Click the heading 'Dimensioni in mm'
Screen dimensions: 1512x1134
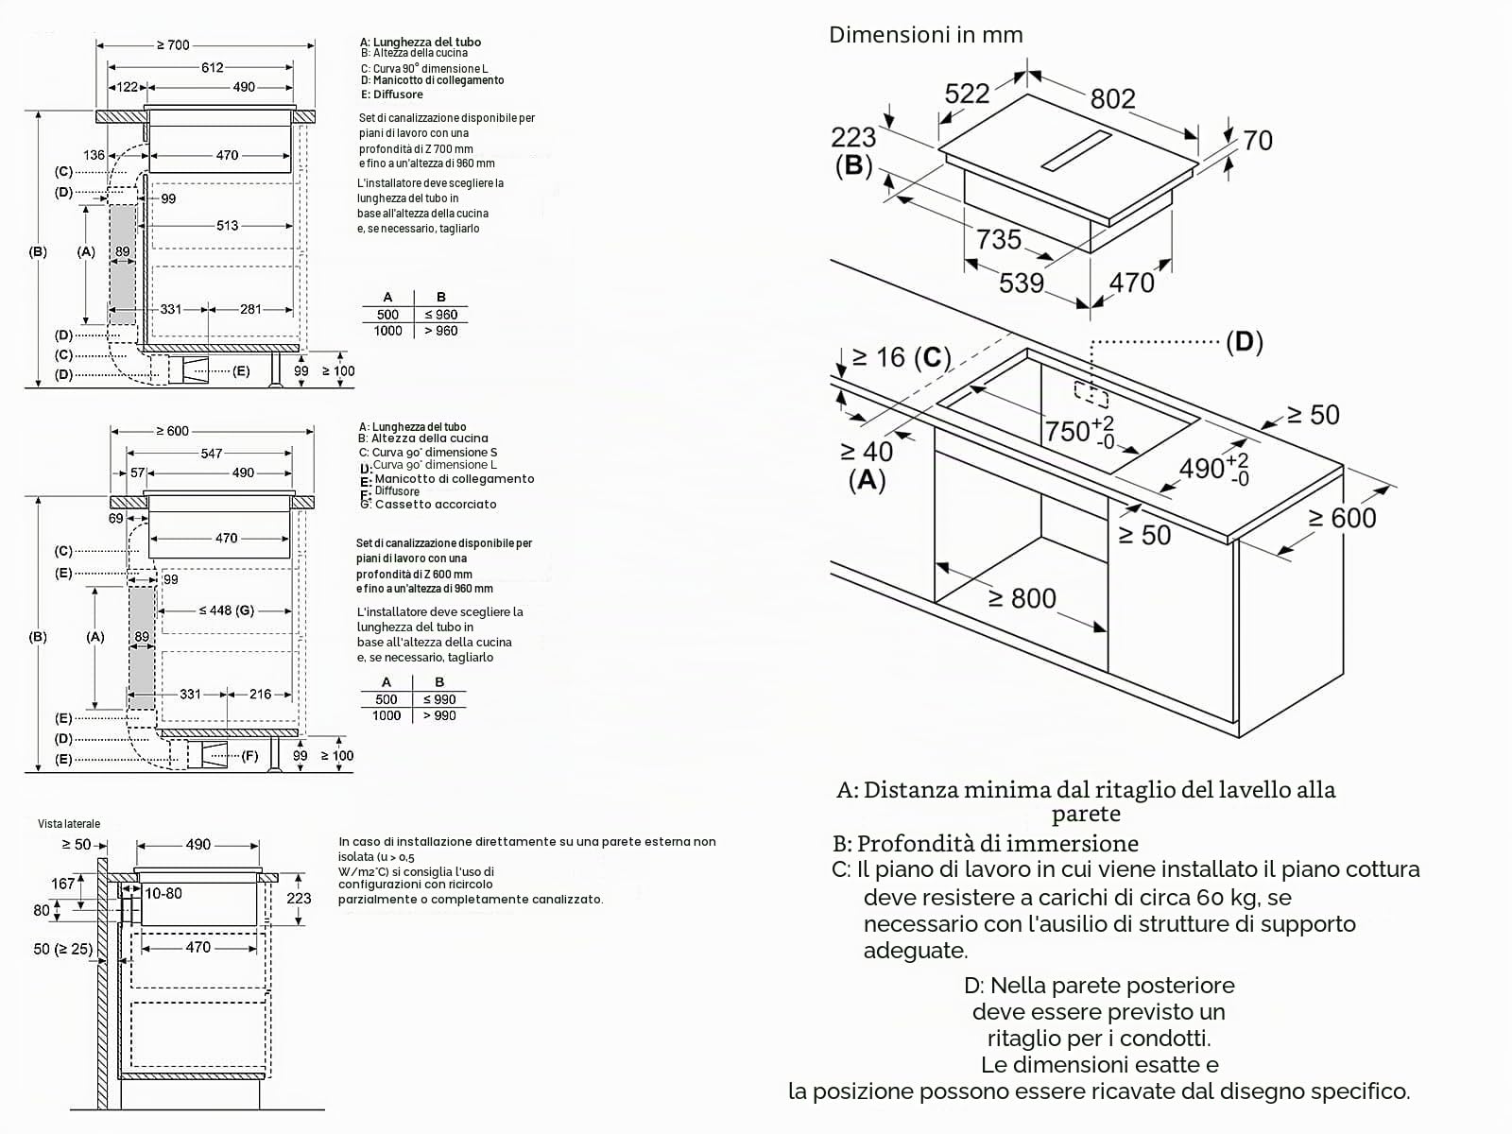coord(926,34)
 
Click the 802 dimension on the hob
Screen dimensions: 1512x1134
coord(1112,99)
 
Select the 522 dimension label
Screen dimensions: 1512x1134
coord(967,94)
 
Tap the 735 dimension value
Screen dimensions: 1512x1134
coord(998,240)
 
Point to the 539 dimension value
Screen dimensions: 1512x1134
coord(1022,283)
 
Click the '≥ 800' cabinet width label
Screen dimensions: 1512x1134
coord(1022,598)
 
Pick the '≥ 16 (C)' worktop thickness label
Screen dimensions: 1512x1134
coord(901,357)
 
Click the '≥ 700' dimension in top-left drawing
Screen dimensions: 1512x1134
coord(173,45)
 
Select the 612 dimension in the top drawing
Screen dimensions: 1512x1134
coord(213,67)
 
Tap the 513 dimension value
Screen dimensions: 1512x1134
coord(228,225)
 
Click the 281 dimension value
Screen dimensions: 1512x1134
coord(250,309)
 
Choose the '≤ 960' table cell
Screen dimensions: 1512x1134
coord(441,315)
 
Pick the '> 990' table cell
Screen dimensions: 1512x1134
coord(439,716)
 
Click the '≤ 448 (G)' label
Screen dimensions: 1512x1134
coord(227,610)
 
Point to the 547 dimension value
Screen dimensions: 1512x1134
coord(212,453)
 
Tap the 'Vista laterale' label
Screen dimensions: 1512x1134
coord(69,823)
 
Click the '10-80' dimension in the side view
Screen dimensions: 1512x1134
coord(163,894)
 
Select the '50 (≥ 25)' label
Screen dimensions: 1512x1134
coord(62,949)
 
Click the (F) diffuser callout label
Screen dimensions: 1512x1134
coord(249,756)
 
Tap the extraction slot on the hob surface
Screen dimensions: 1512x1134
coord(1077,150)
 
